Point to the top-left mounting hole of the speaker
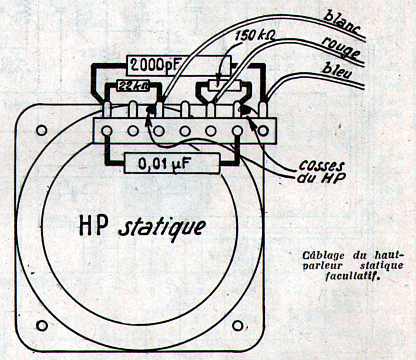pos(42,130)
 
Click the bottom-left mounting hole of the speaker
pos(42,325)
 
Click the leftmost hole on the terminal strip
pos(107,131)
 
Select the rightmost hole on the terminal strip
pos(264,130)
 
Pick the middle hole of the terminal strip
pos(185,131)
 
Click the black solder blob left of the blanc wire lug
pos(151,109)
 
